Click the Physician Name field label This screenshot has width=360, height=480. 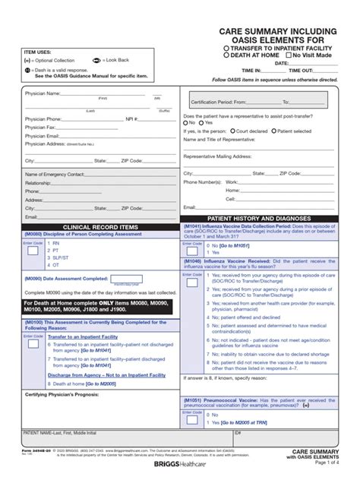(x=42, y=93)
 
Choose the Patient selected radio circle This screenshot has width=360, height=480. (x=279, y=131)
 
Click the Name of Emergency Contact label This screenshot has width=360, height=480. (x=55, y=174)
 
